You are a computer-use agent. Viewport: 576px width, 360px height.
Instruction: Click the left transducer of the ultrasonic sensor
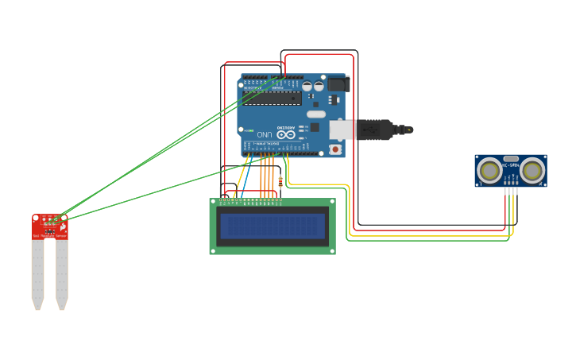coord(489,170)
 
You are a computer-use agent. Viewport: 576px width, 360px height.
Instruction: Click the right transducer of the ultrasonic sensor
coord(532,170)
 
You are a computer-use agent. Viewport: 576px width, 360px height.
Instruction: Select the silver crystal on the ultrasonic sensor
coord(511,159)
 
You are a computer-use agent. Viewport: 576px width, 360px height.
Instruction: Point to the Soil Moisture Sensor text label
coord(50,236)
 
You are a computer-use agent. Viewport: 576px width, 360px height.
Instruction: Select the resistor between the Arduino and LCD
coord(280,182)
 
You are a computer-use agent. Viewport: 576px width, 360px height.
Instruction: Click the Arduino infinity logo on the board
coord(286,135)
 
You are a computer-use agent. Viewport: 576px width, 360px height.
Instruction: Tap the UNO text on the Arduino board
coord(269,135)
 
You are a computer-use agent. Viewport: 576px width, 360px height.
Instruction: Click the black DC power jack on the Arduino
coord(337,83)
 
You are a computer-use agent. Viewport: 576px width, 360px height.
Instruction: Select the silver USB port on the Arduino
coord(342,130)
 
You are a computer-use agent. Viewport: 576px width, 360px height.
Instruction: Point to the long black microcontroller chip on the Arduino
coord(273,98)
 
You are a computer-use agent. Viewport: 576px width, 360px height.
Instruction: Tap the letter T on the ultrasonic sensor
coord(480,184)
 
